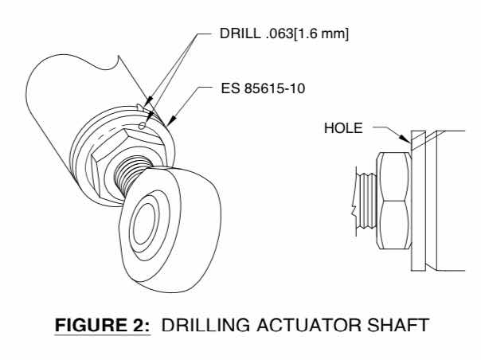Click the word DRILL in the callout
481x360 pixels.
click(x=240, y=33)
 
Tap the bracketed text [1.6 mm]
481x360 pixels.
click(x=322, y=33)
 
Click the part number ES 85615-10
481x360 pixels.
click(x=263, y=88)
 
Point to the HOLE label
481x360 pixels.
click(x=343, y=128)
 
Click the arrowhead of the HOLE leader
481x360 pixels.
click(x=405, y=139)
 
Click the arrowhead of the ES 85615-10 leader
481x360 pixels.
click(x=172, y=120)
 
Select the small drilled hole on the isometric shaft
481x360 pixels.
click(x=142, y=126)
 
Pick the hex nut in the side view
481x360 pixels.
click(x=394, y=201)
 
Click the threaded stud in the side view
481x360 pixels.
click(x=366, y=201)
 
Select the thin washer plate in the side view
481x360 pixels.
click(x=418, y=201)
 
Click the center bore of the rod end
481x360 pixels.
click(x=144, y=224)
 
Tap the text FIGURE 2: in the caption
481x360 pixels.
click(x=103, y=325)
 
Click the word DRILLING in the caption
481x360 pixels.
click(x=205, y=325)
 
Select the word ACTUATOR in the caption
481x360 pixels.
click(x=309, y=325)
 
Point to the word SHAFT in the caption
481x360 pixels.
click(x=398, y=325)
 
